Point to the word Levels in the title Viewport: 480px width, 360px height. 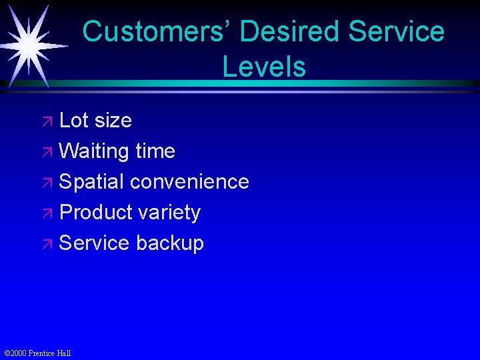[264, 67]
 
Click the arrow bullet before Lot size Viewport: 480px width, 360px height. [49, 122]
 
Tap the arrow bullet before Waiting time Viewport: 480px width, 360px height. [49, 153]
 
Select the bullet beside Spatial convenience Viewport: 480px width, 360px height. [49, 183]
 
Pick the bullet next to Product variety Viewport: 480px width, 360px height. [49, 214]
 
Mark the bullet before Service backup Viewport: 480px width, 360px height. [49, 245]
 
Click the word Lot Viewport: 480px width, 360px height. [73, 121]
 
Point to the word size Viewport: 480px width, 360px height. [113, 121]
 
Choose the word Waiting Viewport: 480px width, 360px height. [93, 151]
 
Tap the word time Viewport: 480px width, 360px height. [155, 151]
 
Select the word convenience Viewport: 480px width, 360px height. [189, 181]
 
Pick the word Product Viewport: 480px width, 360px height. [96, 213]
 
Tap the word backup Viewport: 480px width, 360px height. [169, 243]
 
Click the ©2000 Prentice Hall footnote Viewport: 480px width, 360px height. [37, 353]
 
